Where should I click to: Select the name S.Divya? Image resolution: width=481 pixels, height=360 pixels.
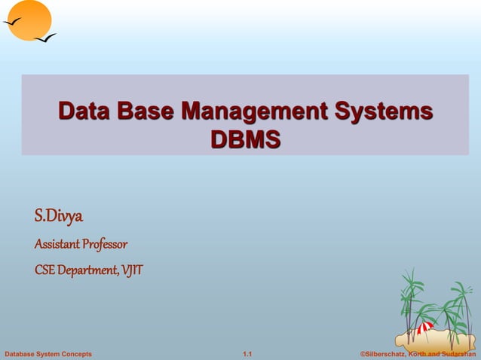59,217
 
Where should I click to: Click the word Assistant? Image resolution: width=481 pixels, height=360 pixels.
57,245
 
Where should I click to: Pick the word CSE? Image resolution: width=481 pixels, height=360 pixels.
44,270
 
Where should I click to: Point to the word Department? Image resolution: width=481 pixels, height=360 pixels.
87,270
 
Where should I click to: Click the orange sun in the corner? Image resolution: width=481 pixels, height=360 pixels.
28,20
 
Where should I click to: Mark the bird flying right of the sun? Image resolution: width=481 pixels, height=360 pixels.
45,37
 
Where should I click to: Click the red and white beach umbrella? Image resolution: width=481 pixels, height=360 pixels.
425,328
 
